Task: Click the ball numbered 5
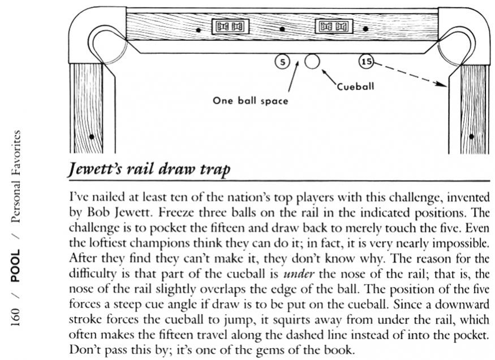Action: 282,61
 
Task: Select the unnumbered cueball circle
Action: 312,61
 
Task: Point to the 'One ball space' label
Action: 250,101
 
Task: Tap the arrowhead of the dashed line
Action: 445,85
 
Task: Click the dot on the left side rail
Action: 91,136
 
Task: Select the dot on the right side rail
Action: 471,136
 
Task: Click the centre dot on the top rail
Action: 282,28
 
